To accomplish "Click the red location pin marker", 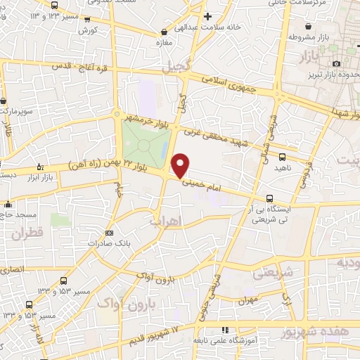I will [181, 165].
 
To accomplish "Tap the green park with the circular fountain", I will [143, 145].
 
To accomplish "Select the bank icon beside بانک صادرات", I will [108, 233].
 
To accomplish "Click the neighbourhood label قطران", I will [27, 232].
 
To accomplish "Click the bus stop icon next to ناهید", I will [282, 157].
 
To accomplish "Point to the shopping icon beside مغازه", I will [164, 32].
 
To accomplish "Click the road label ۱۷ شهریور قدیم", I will [160, 335].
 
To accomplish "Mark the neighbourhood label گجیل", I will [176, 68].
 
